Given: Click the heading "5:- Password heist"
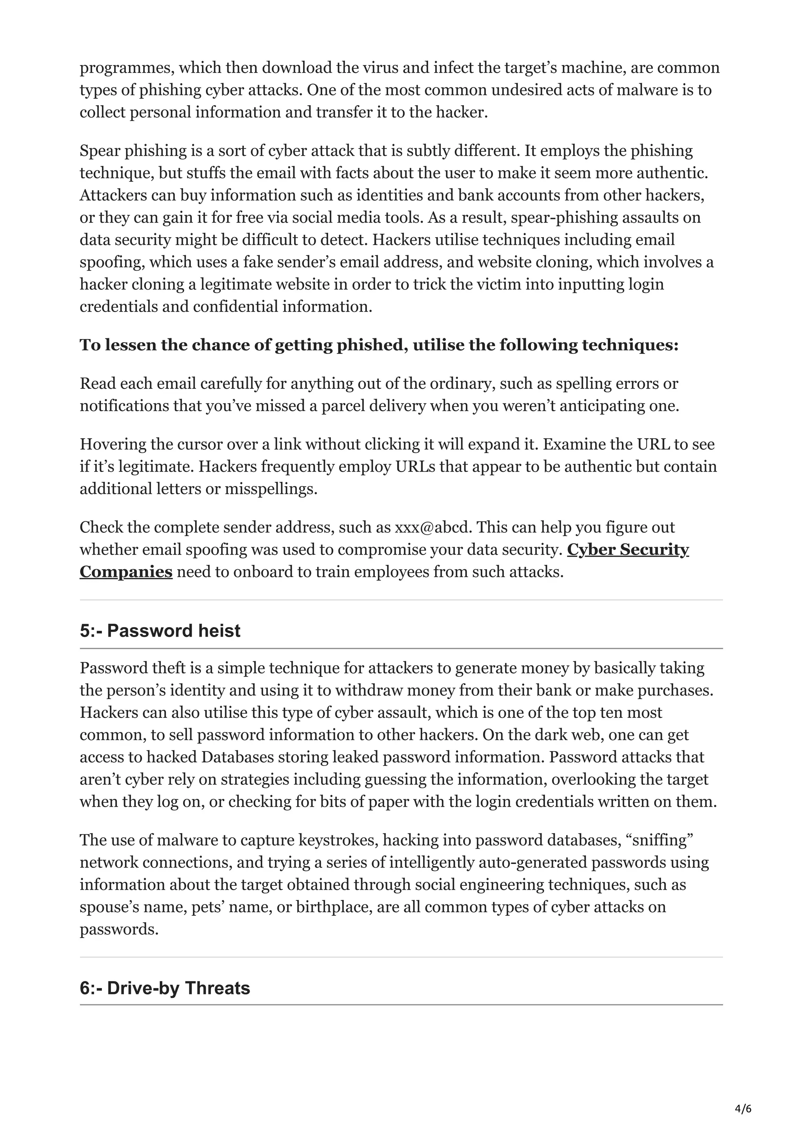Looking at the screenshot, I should tap(160, 631).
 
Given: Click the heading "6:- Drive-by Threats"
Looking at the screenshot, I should tap(165, 988).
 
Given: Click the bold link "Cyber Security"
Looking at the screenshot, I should tap(627, 550).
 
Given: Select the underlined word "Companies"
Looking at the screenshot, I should tap(126, 572).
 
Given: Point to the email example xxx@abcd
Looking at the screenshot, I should tap(431, 528).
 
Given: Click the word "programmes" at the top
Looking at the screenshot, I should tap(125, 68).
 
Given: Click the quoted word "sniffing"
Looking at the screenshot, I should tap(662, 840).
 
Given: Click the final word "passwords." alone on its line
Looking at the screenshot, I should tap(119, 929).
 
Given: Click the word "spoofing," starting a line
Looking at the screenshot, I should tap(112, 262).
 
